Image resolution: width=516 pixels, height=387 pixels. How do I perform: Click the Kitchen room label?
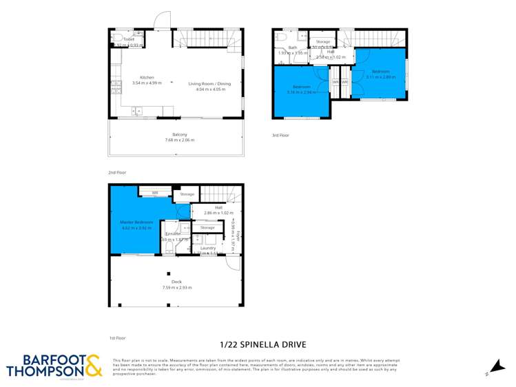click(147, 77)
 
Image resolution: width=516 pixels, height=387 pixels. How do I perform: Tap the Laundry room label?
click(207, 247)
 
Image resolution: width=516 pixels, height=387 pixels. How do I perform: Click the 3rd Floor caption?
click(280, 135)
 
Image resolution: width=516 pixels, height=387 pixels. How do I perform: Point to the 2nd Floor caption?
click(117, 172)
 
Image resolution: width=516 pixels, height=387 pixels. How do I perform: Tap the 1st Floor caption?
click(117, 338)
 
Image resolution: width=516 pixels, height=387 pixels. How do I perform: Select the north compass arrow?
click(495, 368)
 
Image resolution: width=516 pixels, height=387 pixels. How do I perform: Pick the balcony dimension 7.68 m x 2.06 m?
click(179, 140)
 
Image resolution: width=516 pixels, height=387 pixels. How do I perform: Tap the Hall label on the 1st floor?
click(218, 207)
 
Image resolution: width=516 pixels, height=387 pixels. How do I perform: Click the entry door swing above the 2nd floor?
click(162, 20)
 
